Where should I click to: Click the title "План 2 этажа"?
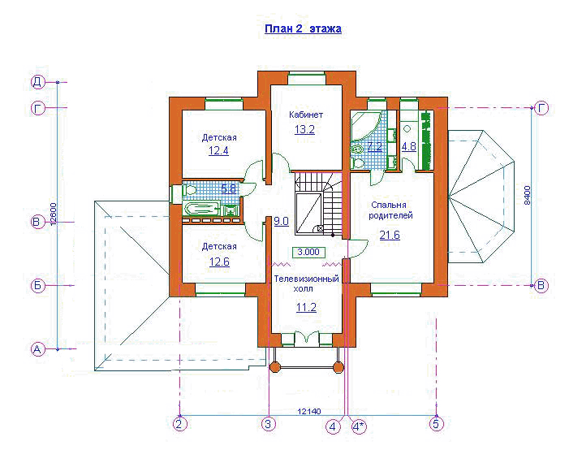coord(303,29)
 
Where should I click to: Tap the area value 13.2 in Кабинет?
coord(304,130)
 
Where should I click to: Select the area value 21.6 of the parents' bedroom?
coord(390,235)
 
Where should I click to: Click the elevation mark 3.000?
coord(308,252)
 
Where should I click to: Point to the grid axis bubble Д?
coord(37,82)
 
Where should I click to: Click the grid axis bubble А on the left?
coord(37,349)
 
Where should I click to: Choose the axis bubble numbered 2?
coord(180,424)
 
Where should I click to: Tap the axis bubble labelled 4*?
coord(358,426)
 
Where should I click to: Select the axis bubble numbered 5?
coord(437,424)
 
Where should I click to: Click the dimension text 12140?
coord(309,411)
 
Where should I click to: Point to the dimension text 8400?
coord(527,195)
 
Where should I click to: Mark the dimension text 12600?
coord(53,214)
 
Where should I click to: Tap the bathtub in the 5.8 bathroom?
coord(202,208)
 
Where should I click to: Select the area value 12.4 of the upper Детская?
coord(218,151)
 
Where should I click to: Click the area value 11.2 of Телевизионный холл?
coord(306,307)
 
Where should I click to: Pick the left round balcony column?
coord(274,367)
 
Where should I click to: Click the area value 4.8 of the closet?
coord(408,146)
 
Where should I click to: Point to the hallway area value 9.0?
coord(281,221)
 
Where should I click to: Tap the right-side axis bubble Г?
coord(541,108)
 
